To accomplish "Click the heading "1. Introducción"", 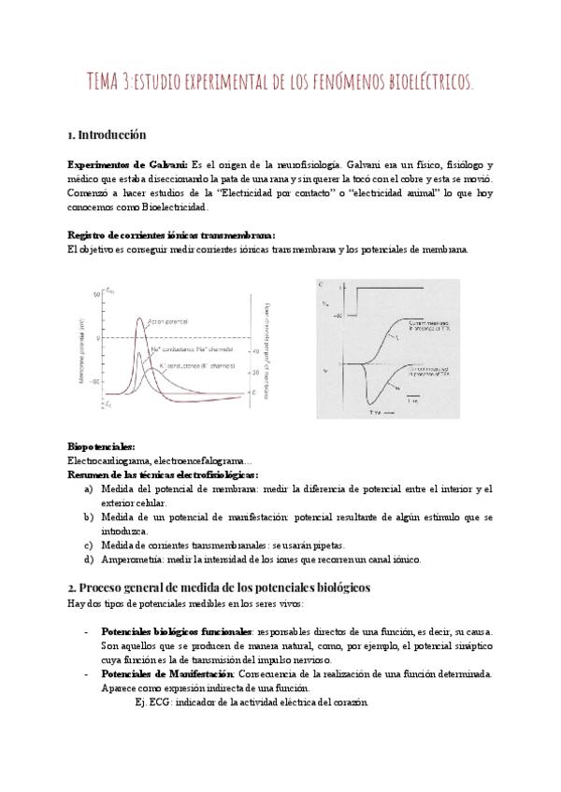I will [108, 134].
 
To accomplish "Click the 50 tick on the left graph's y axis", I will [94, 295].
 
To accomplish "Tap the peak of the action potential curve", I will [140, 318].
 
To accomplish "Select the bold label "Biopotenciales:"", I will [101, 447].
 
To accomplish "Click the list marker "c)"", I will [88, 545].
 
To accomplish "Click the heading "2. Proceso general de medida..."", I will [220, 587].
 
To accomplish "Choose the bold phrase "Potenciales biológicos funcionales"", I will [176, 630].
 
